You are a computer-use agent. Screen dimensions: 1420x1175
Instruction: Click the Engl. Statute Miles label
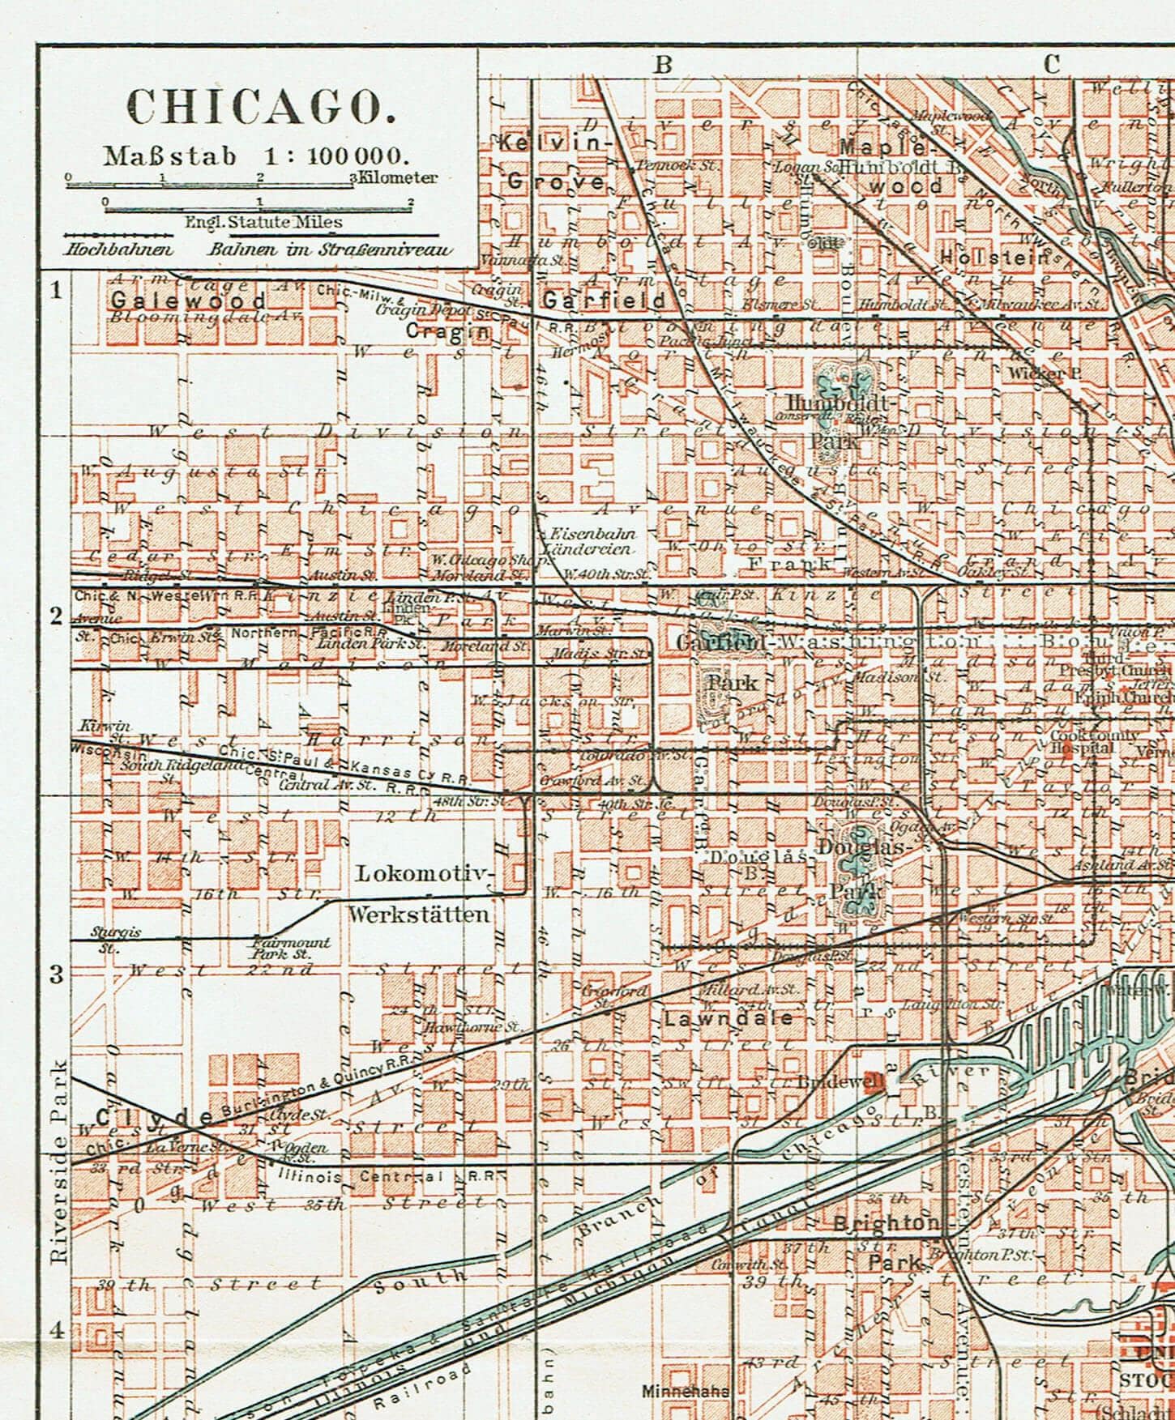click(x=263, y=221)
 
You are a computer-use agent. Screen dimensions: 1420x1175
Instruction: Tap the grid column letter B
click(x=663, y=65)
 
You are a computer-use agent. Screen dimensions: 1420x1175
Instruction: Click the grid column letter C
click(x=1051, y=65)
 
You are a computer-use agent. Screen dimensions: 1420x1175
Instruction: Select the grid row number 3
click(x=57, y=974)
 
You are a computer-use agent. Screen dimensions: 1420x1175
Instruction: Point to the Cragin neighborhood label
click(x=446, y=331)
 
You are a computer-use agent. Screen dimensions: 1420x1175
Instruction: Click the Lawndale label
click(x=728, y=1018)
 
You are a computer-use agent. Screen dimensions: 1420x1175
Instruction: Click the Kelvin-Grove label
click(x=554, y=162)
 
